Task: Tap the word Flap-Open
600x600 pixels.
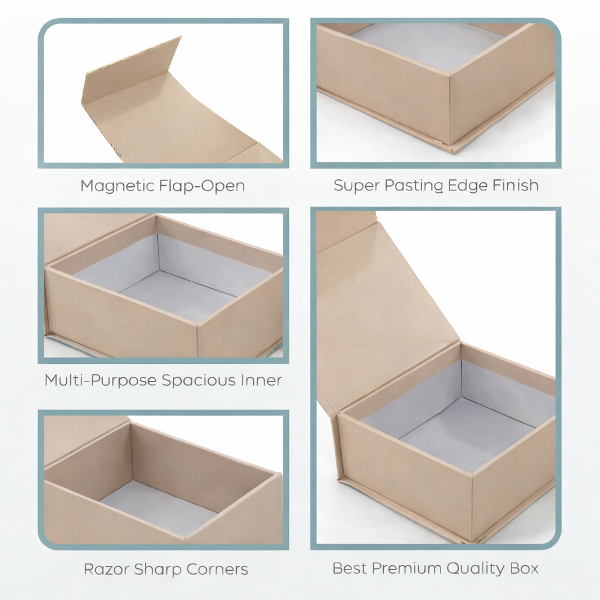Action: (202, 186)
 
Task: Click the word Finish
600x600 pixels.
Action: (513, 185)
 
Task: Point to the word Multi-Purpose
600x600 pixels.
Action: (101, 380)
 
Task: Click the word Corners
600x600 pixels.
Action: (217, 569)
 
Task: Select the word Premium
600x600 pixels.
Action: (407, 568)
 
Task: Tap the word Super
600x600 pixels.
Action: (356, 185)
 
